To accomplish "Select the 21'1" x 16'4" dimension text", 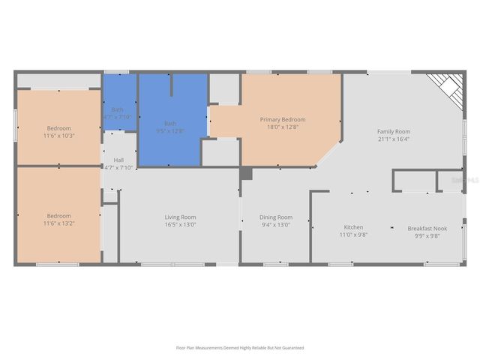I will click(394, 139).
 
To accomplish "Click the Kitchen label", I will click(353, 227).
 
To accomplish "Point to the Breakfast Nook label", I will click(427, 228).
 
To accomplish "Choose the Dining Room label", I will click(276, 217).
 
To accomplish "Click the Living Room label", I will click(180, 217).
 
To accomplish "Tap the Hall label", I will click(118, 160).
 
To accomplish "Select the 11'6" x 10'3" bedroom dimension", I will click(58, 135).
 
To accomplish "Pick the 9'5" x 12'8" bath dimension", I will click(170, 130).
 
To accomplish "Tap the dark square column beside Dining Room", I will click(246, 174).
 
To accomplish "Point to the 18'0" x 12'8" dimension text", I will click(283, 127).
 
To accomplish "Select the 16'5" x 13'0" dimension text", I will click(180, 225).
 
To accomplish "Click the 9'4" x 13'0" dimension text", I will click(276, 225).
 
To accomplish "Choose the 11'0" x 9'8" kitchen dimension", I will click(353, 235).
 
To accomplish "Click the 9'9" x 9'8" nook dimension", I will click(427, 235).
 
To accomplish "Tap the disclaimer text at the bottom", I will click(240, 348).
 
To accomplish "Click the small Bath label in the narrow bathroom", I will click(117, 109).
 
